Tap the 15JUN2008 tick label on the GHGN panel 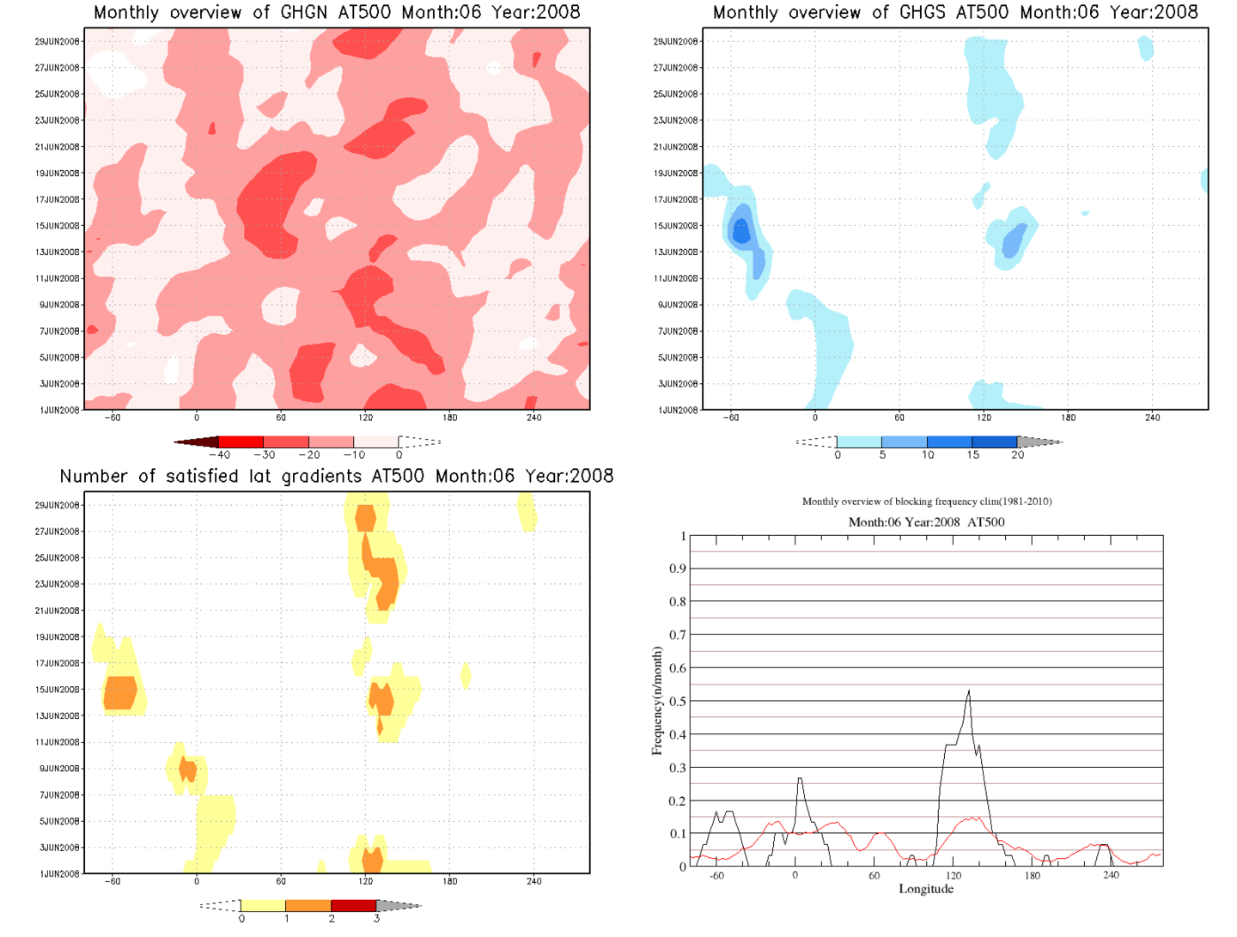tap(58, 226)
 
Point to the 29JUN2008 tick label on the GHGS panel tap(676, 41)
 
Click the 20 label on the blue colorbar tap(1018, 455)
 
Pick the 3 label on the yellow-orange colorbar tap(376, 919)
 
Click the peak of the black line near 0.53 tap(969, 691)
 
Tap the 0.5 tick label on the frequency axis tap(678, 702)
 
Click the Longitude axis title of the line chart tap(926, 889)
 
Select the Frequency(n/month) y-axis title tap(657, 702)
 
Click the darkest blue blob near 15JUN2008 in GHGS tap(740, 230)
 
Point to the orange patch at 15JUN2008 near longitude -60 tap(120, 692)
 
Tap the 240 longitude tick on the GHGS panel tap(1152, 417)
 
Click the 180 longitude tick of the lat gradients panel tap(450, 881)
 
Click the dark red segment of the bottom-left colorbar tap(353, 906)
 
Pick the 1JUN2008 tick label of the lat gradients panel tap(59, 873)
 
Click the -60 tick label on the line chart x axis tap(716, 876)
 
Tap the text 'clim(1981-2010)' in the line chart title tap(1011, 502)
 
